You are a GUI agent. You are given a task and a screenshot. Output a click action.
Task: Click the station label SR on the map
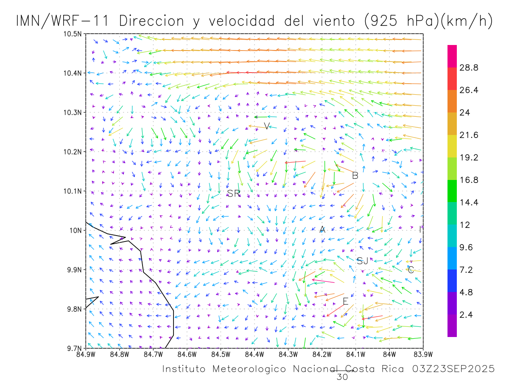[x=234, y=194]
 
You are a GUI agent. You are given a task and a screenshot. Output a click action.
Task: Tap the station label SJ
[x=362, y=261]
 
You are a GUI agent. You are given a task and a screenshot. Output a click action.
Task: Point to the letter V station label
[x=267, y=126]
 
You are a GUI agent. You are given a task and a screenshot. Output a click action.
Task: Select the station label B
[x=355, y=175]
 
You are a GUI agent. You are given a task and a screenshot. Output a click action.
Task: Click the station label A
[x=322, y=230]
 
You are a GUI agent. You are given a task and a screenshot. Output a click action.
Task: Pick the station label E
[x=346, y=301]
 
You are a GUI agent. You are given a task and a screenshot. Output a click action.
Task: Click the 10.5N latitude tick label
[x=73, y=34]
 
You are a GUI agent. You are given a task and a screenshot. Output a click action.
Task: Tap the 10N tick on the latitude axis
[x=76, y=230]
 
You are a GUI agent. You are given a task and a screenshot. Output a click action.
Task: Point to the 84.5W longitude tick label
[x=221, y=354]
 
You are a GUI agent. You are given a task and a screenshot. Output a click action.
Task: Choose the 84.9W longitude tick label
[x=86, y=354]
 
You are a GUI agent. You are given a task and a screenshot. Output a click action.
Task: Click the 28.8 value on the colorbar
[x=469, y=67]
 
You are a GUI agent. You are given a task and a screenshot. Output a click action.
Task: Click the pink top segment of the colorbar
[x=452, y=56]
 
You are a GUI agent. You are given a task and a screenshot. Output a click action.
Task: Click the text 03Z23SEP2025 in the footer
[x=453, y=369]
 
